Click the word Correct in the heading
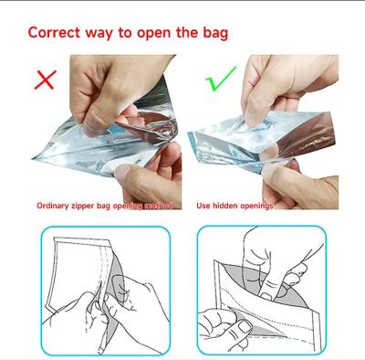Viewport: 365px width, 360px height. point(57,32)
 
